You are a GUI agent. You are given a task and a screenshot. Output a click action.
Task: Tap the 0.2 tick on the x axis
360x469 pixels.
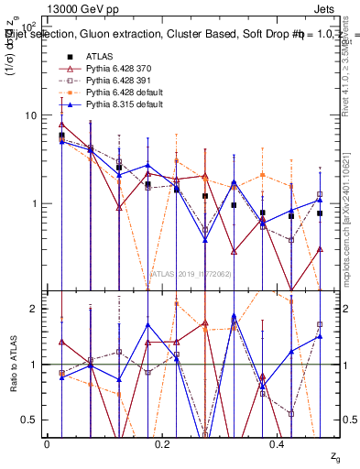163,443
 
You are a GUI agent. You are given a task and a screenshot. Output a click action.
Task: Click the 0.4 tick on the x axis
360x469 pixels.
279,443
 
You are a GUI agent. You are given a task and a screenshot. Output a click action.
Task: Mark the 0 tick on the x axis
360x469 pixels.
47,443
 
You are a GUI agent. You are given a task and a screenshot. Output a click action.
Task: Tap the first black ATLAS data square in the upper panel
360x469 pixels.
61,136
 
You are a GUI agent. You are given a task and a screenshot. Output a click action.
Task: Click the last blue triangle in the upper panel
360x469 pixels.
320,200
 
